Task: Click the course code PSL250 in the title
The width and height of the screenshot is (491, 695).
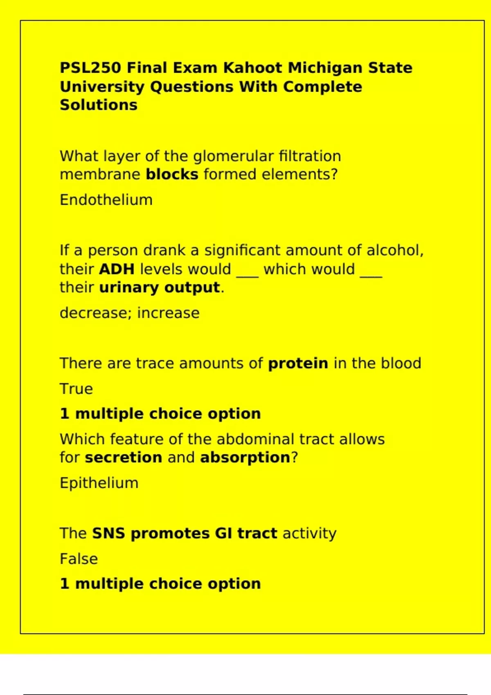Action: [x=90, y=68]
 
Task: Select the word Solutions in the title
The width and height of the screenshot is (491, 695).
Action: [x=99, y=105]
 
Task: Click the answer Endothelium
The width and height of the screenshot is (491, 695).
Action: [x=106, y=200]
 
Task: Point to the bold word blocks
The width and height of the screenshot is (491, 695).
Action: [x=172, y=174]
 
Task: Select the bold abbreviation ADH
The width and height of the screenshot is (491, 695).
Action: [x=117, y=269]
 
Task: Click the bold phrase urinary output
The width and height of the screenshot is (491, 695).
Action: [x=159, y=288]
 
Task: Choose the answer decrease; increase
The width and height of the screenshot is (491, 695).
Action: [x=130, y=313]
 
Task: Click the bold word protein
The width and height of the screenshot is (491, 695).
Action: [x=298, y=363]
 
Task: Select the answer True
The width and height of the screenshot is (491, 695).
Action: [x=77, y=389]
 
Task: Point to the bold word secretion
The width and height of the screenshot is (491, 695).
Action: [x=124, y=457]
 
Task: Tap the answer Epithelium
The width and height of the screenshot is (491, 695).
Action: [x=99, y=483]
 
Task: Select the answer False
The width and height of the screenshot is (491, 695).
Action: [x=79, y=559]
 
